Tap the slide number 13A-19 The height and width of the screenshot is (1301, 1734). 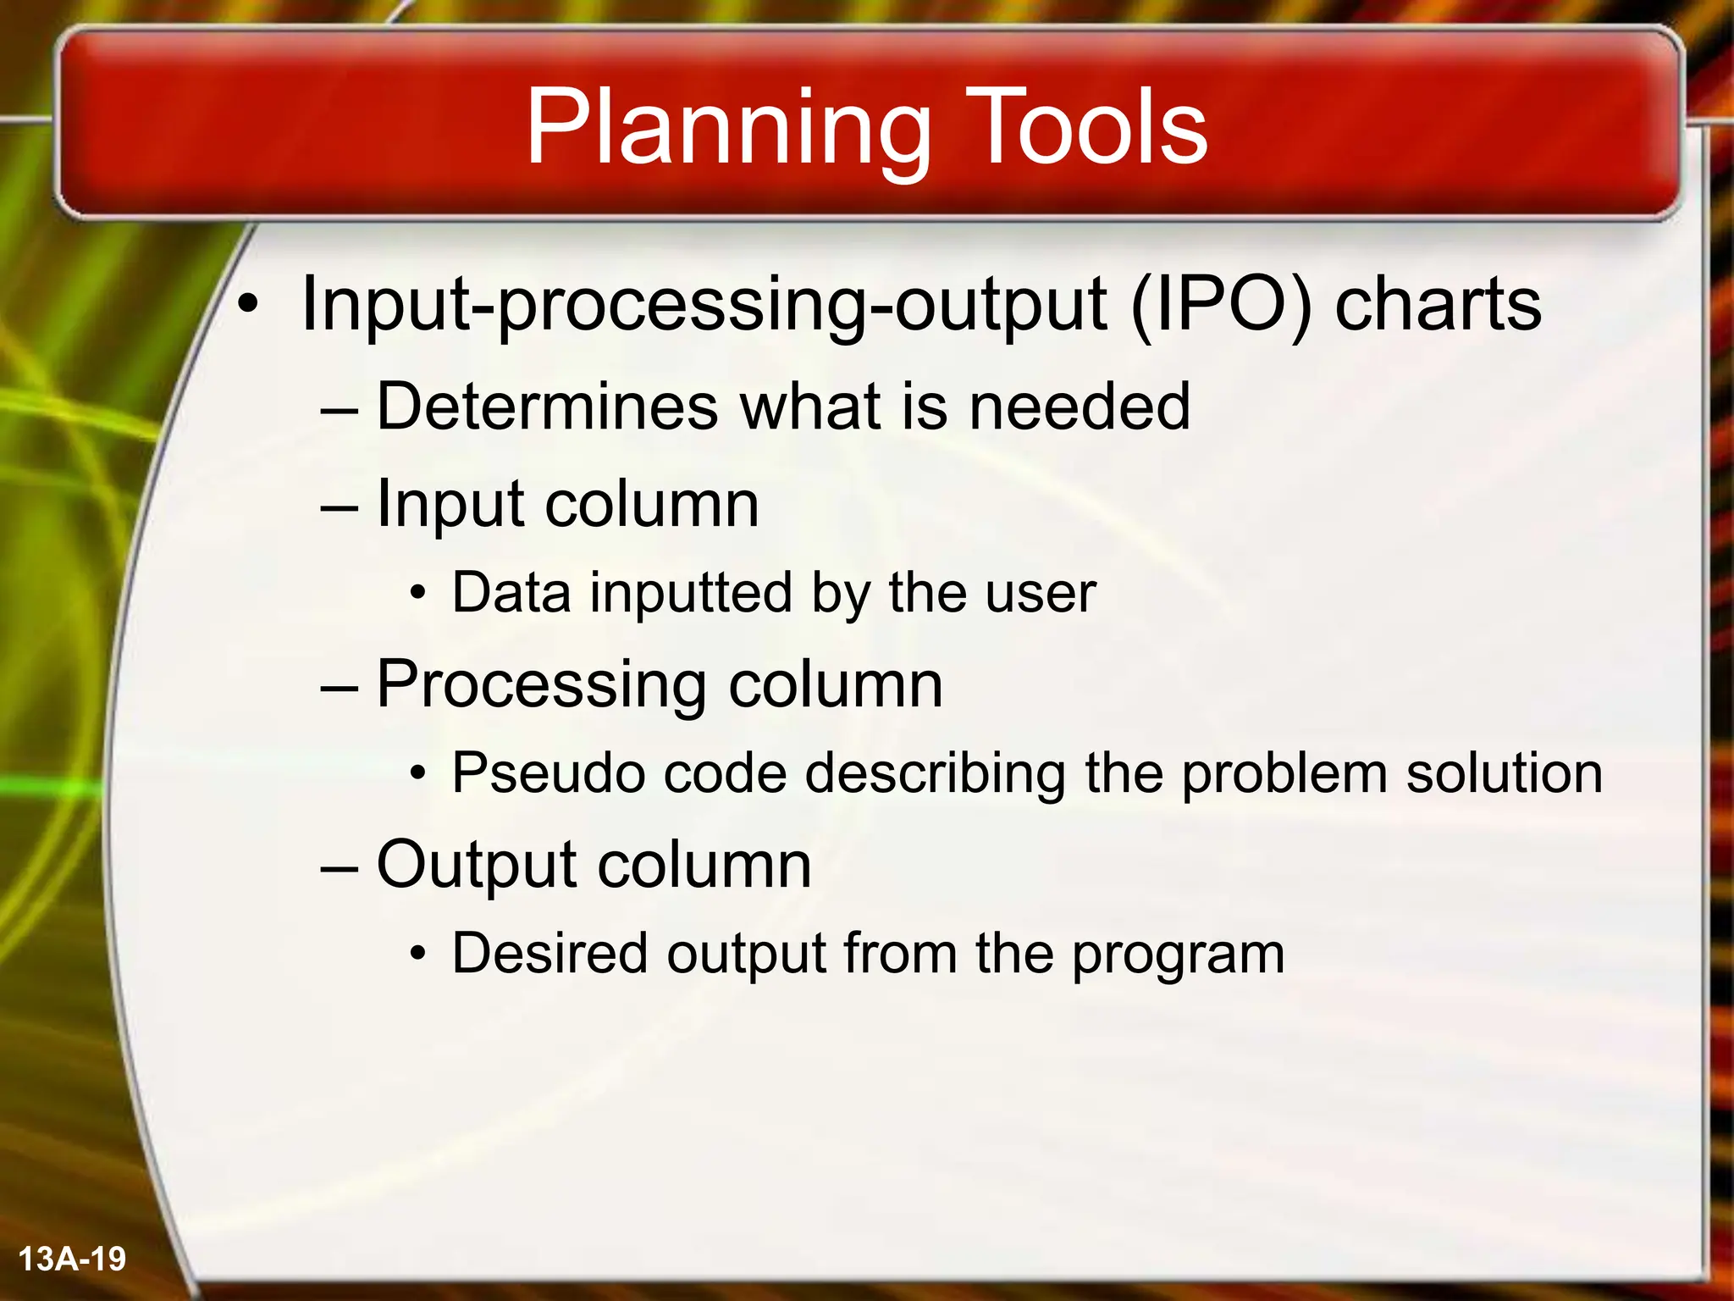tap(72, 1259)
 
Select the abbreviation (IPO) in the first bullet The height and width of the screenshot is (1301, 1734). tap(1221, 305)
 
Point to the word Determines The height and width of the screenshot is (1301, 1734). tap(545, 407)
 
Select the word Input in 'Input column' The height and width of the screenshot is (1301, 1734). tap(451, 504)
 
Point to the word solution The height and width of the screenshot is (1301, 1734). tap(1504, 772)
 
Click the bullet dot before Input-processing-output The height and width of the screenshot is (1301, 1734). tap(246, 305)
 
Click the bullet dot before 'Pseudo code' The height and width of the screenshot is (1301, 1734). tap(417, 774)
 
